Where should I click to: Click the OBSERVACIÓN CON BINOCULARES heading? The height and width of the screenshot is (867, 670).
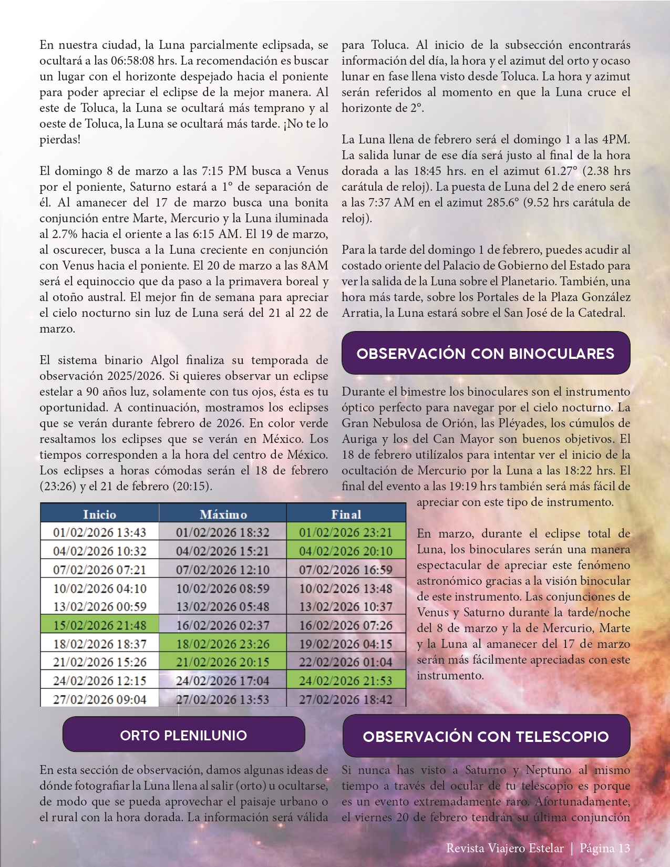(x=486, y=353)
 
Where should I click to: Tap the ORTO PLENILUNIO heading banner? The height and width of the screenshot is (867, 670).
(x=183, y=735)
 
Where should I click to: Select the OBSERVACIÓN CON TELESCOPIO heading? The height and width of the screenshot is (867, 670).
(x=486, y=736)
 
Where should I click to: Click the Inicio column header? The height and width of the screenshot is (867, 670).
(x=99, y=514)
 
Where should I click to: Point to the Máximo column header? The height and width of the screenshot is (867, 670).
(x=223, y=514)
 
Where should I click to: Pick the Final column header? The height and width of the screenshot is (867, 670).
(x=346, y=514)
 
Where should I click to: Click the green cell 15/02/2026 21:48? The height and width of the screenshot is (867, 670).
(x=99, y=625)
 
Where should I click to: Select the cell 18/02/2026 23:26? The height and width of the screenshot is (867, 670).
(x=223, y=644)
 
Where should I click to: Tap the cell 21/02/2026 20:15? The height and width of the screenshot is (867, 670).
(x=223, y=662)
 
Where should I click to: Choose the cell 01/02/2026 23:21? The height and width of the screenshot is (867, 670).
(x=346, y=532)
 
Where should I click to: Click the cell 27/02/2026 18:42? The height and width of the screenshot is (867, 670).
(x=346, y=699)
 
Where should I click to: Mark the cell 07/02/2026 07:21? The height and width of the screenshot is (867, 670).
(x=99, y=570)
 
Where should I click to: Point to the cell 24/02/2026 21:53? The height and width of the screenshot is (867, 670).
(x=346, y=680)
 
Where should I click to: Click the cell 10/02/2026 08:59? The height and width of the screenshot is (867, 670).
(x=223, y=588)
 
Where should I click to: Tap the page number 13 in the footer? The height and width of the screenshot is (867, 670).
(x=624, y=848)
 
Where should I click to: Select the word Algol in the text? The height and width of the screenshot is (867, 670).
(x=165, y=360)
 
